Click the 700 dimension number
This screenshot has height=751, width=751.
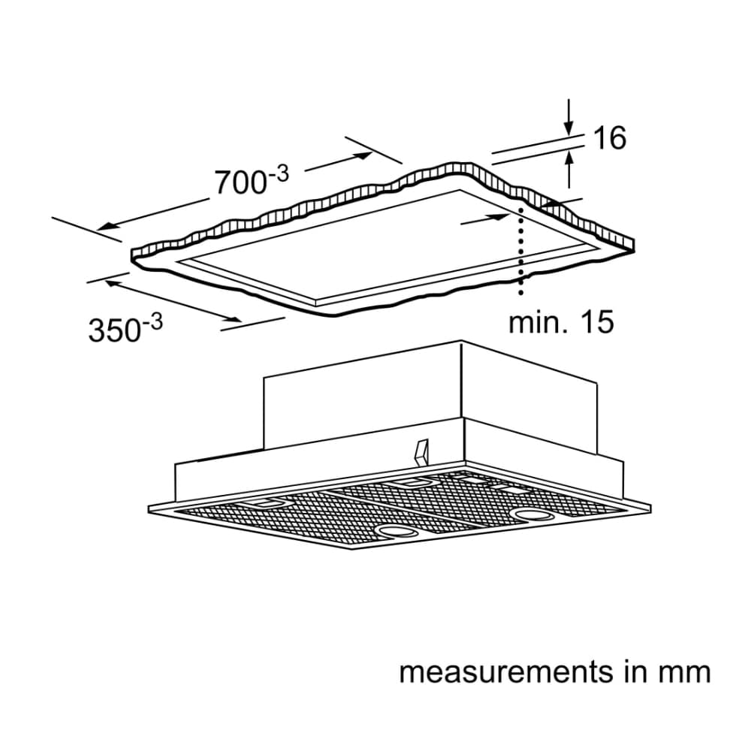(240, 182)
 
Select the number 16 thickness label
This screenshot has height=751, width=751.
(609, 138)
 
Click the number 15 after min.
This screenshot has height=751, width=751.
(597, 322)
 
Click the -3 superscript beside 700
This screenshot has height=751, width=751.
(279, 173)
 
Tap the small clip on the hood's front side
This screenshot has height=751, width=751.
(421, 452)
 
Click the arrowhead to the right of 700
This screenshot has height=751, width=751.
(364, 155)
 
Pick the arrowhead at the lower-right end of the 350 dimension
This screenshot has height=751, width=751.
(234, 318)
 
